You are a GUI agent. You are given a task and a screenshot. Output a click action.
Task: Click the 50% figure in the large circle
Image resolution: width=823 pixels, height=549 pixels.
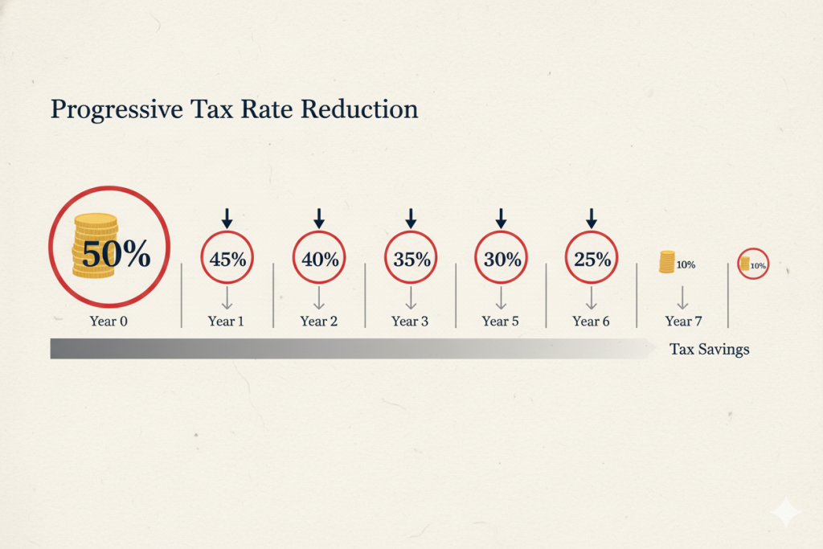[x=116, y=254]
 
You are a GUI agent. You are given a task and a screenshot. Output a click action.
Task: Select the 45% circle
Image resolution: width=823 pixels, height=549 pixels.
[x=227, y=259]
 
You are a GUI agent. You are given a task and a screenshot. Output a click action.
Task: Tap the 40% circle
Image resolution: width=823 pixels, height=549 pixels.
[x=318, y=259]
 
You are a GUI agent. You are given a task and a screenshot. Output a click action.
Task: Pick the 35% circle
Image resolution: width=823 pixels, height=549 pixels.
[x=410, y=259]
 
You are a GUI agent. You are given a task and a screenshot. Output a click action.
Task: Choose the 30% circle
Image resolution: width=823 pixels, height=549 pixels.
[x=501, y=259]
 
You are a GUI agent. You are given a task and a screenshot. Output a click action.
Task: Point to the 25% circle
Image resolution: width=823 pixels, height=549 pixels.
[x=592, y=259]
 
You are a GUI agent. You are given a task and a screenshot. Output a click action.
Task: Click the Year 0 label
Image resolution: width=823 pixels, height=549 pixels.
[x=110, y=321]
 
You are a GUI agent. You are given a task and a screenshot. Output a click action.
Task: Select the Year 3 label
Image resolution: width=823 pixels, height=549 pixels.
[x=410, y=321]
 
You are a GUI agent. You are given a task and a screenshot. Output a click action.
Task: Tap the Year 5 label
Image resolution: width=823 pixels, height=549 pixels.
[x=501, y=321]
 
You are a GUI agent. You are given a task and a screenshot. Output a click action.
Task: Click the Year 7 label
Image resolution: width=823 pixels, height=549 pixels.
[x=683, y=321]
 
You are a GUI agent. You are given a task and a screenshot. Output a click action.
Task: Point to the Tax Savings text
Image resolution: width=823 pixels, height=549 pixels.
[x=709, y=350]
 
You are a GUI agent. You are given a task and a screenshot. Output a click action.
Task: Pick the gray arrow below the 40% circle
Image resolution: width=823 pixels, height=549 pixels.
[x=318, y=298]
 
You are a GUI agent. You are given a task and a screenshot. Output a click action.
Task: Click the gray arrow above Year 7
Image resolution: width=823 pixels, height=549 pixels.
[x=682, y=298]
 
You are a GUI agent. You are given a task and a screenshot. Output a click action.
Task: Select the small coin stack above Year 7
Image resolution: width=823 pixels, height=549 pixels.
[x=667, y=262]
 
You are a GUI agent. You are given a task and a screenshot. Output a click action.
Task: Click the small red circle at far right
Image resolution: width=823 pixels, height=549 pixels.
[x=753, y=264]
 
